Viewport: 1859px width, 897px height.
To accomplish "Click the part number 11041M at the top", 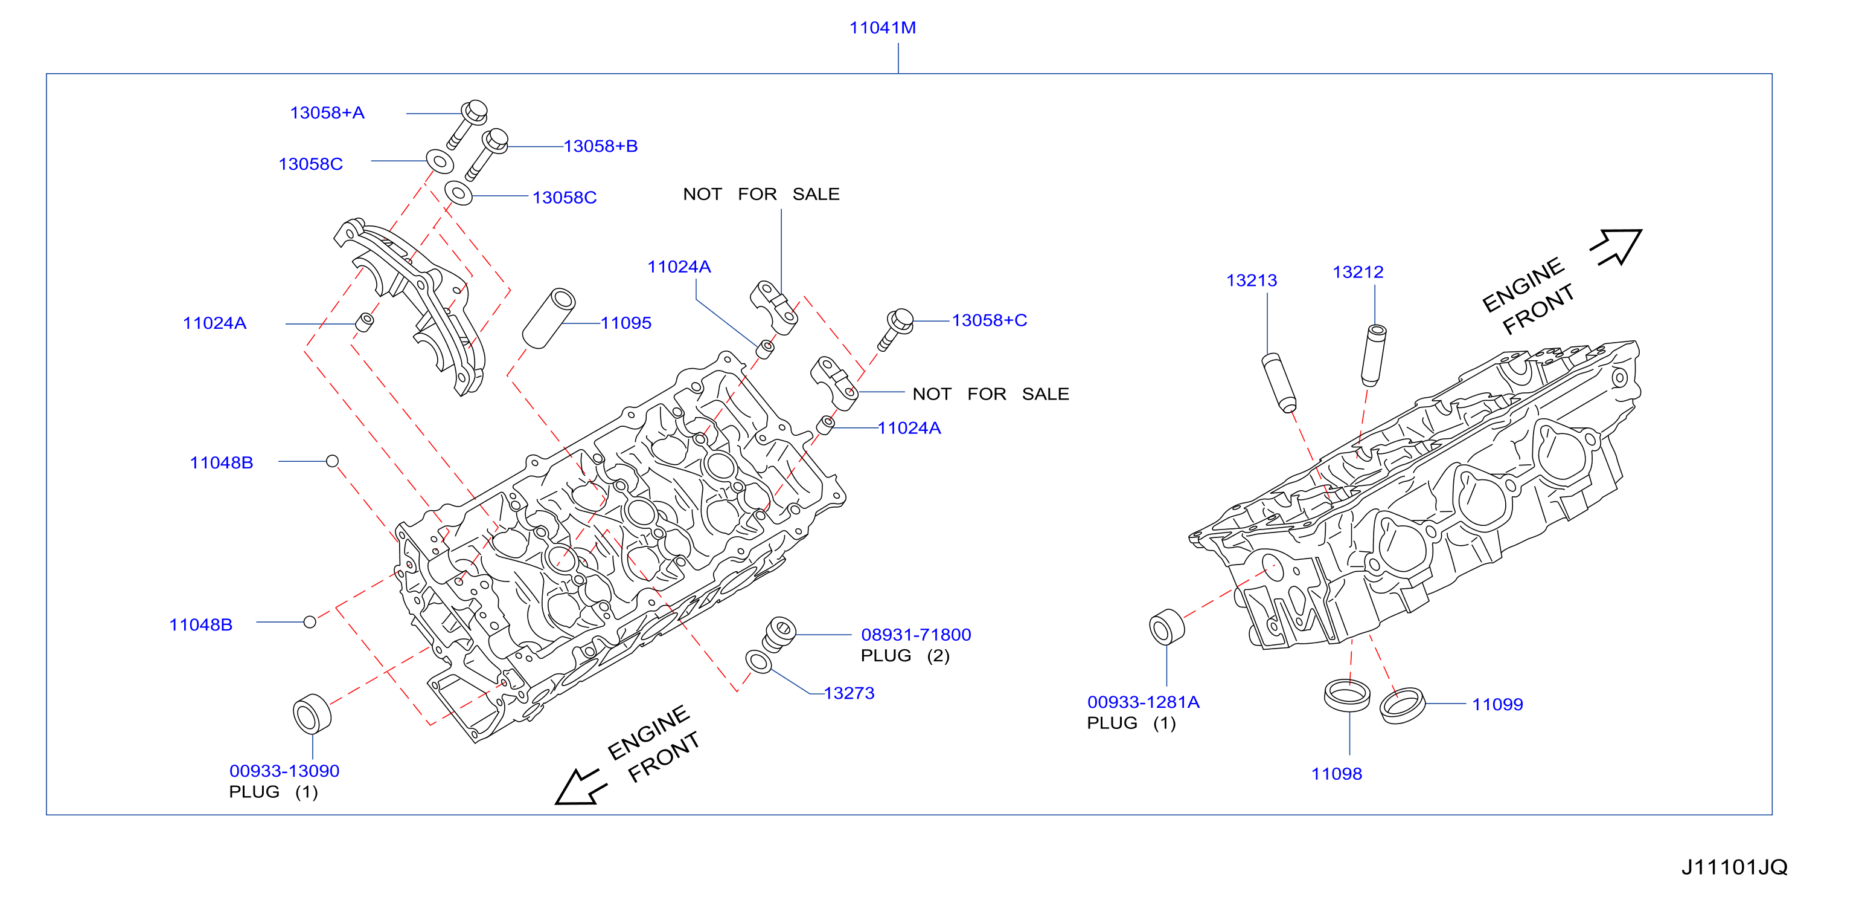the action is (882, 27).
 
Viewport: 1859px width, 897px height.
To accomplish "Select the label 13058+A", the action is (327, 112).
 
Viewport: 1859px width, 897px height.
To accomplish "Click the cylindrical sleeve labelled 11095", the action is (548, 319).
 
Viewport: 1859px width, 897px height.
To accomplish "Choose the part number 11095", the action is (626, 323).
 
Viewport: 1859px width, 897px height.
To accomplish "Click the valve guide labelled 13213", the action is (1279, 383).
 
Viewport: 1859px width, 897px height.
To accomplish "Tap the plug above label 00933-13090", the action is (312, 714).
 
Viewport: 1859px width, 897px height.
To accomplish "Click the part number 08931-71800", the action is (916, 635).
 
